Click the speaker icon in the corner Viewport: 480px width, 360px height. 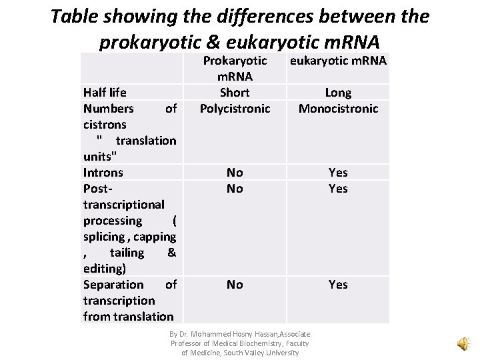pyautogui.click(x=461, y=343)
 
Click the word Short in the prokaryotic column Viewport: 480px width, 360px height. pyautogui.click(x=235, y=93)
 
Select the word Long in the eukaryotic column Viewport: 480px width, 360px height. pyautogui.click(x=338, y=93)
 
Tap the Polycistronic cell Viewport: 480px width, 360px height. pyautogui.click(x=235, y=109)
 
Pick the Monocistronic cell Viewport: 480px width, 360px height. pyautogui.click(x=338, y=109)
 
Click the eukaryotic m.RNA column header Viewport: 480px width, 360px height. pyautogui.click(x=338, y=61)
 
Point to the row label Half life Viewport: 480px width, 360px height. pyautogui.click(x=105, y=93)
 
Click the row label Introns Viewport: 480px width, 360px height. pyautogui.click(x=103, y=173)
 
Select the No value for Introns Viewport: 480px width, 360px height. pyautogui.click(x=235, y=173)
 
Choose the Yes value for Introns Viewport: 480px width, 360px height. pyautogui.click(x=338, y=173)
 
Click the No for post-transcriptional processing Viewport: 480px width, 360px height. pyautogui.click(x=235, y=189)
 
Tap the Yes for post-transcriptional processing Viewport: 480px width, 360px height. pyautogui.click(x=338, y=189)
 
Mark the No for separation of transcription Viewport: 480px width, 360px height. pyautogui.click(x=235, y=285)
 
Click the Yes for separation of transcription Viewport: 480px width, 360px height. pyautogui.click(x=338, y=285)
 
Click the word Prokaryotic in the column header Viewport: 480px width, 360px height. pyautogui.click(x=235, y=61)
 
